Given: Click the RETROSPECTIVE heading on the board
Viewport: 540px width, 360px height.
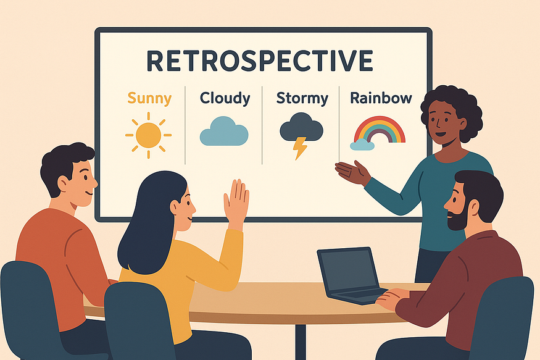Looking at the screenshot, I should coord(260,62).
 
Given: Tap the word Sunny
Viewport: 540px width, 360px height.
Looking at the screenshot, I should coord(149,98).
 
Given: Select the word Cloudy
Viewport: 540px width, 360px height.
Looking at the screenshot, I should coord(225,98).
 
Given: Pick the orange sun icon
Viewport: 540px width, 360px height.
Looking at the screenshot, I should coord(149,135).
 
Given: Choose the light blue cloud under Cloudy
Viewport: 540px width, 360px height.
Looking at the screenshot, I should coord(223,132).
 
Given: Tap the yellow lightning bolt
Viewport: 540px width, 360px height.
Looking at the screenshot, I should coord(299,148).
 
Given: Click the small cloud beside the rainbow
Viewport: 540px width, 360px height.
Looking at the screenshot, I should coord(362,145).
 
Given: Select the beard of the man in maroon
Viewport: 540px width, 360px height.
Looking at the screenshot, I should coord(457,219).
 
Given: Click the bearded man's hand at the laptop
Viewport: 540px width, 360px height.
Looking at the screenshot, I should coord(393,299).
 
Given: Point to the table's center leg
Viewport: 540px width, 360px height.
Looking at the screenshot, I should coord(301,340).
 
